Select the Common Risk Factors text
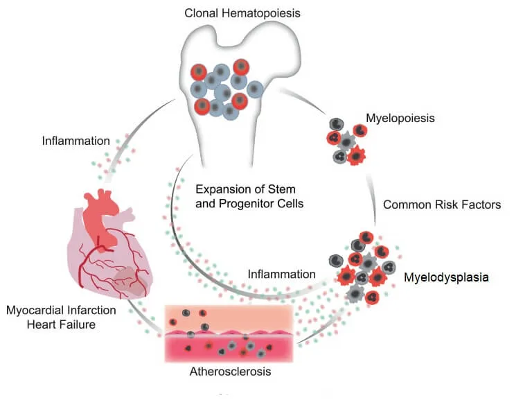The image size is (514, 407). (x=442, y=205)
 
